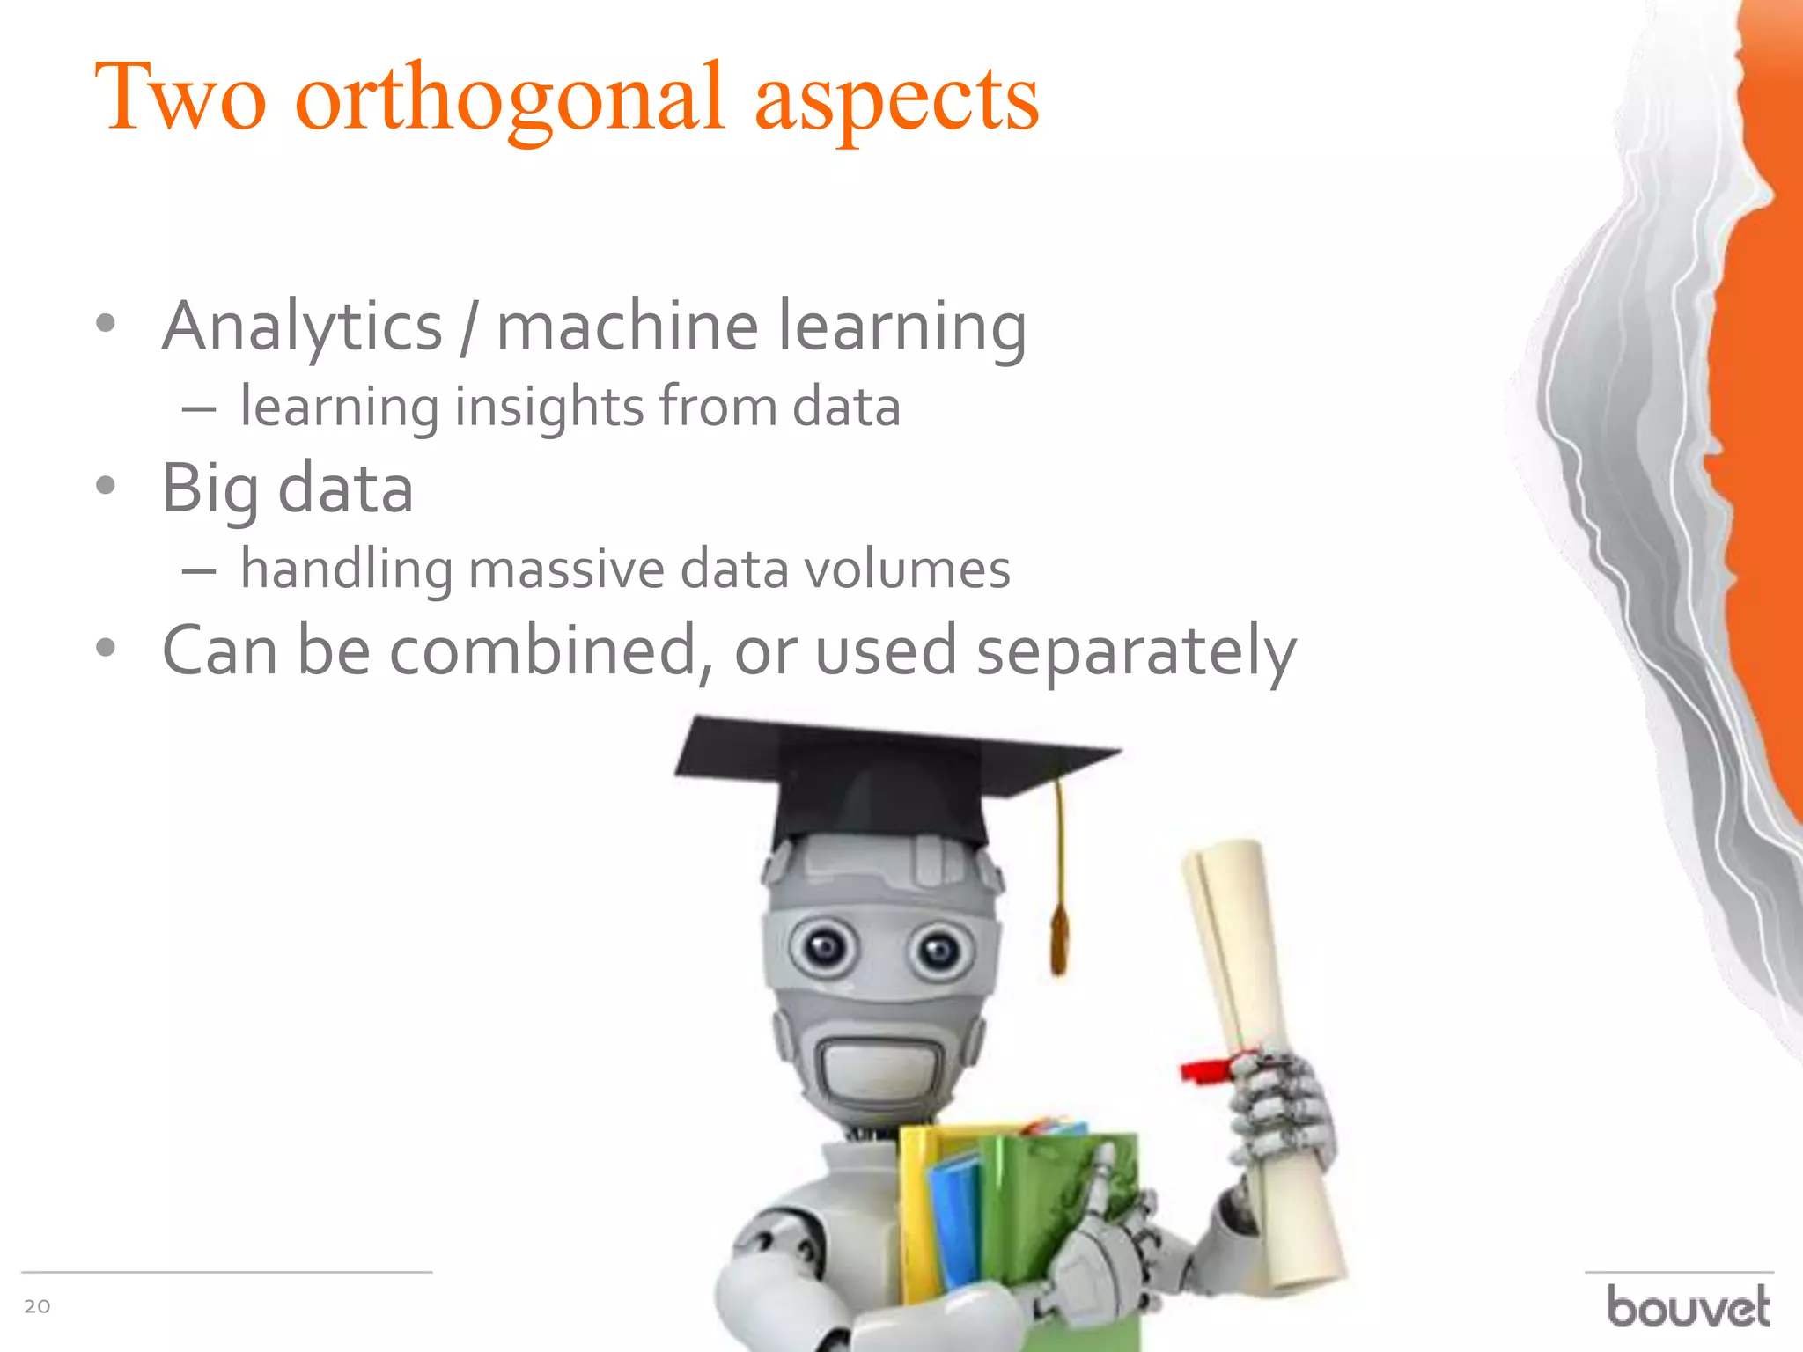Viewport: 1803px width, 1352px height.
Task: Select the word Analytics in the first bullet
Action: click(302, 327)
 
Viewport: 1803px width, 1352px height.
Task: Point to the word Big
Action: click(209, 489)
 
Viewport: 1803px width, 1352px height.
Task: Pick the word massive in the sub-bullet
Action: click(566, 569)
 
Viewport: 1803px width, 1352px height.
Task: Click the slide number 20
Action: click(37, 1306)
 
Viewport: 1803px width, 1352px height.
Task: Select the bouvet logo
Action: click(1688, 1306)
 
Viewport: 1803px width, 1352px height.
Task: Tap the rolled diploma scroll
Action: click(1259, 1056)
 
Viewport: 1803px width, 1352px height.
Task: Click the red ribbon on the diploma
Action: click(1206, 1069)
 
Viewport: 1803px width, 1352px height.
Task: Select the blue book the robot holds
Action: click(955, 1215)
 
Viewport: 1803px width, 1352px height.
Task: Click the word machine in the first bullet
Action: click(627, 327)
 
